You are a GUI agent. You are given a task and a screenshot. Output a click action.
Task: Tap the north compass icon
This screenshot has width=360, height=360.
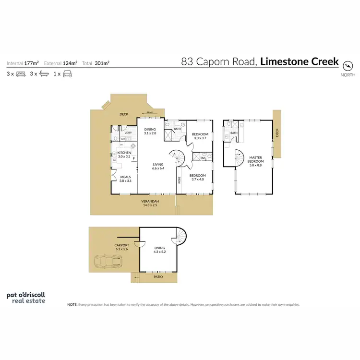pyautogui.click(x=348, y=64)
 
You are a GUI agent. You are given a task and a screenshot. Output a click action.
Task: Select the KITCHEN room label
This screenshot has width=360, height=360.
pyautogui.click(x=124, y=155)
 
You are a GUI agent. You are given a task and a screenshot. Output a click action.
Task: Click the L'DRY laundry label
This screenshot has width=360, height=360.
pyautogui.click(x=128, y=133)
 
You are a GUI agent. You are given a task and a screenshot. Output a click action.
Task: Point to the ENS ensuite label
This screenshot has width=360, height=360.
pyautogui.click(x=203, y=157)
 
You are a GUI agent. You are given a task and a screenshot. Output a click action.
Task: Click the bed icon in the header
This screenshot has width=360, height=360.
pyautogui.click(x=21, y=74)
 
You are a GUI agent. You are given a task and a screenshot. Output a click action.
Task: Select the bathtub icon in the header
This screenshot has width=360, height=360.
pyautogui.click(x=44, y=74)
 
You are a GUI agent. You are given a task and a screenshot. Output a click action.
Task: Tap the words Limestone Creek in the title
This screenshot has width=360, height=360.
pyautogui.click(x=300, y=61)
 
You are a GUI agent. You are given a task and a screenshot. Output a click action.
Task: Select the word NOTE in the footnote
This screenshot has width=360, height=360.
pyautogui.click(x=72, y=304)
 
